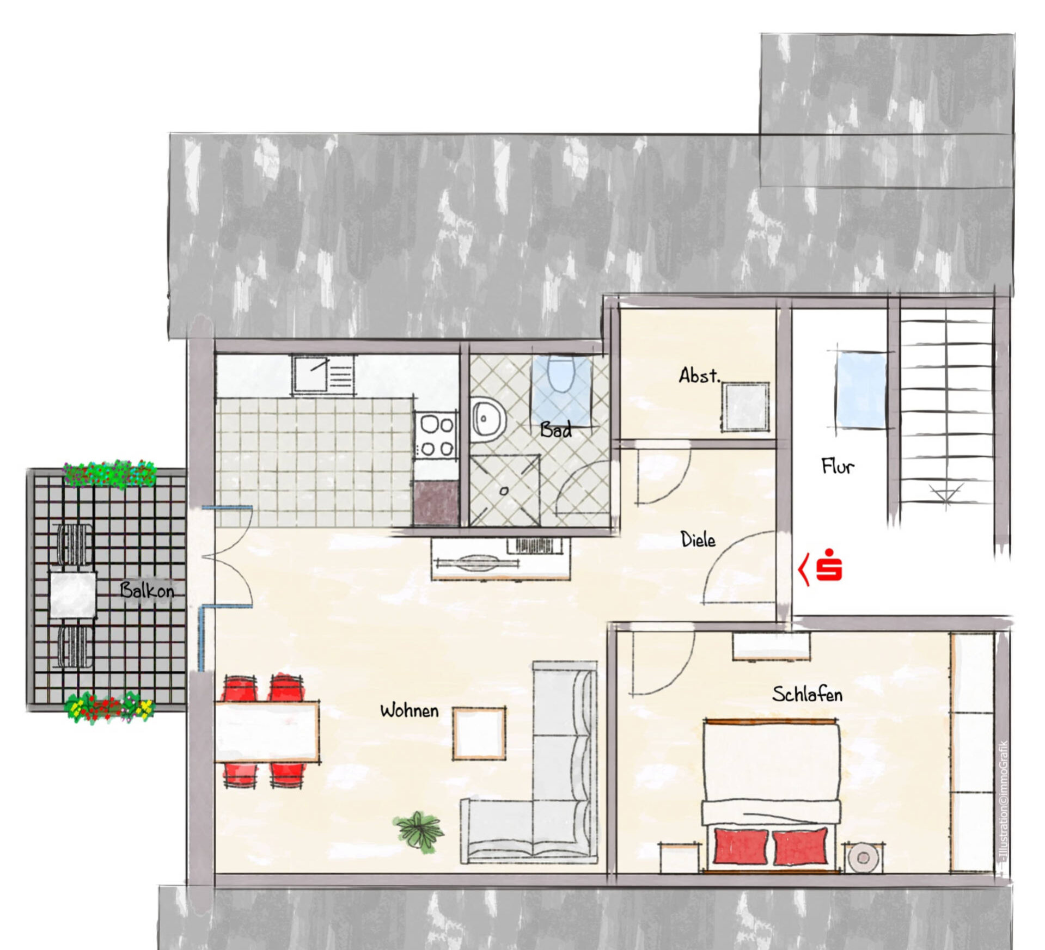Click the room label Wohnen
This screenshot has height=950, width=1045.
(x=409, y=710)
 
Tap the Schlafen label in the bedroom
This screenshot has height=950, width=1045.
(x=807, y=694)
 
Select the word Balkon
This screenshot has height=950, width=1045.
(x=147, y=590)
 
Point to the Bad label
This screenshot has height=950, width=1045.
(x=556, y=430)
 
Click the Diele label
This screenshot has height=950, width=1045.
(x=698, y=540)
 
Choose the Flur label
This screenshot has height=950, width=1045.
(x=838, y=466)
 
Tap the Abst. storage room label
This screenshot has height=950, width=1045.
(x=699, y=375)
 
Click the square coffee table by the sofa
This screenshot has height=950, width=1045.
(x=479, y=734)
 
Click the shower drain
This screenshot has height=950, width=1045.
(x=504, y=491)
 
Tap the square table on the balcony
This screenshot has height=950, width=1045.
(x=72, y=594)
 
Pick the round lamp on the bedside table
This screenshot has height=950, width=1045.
(x=863, y=858)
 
